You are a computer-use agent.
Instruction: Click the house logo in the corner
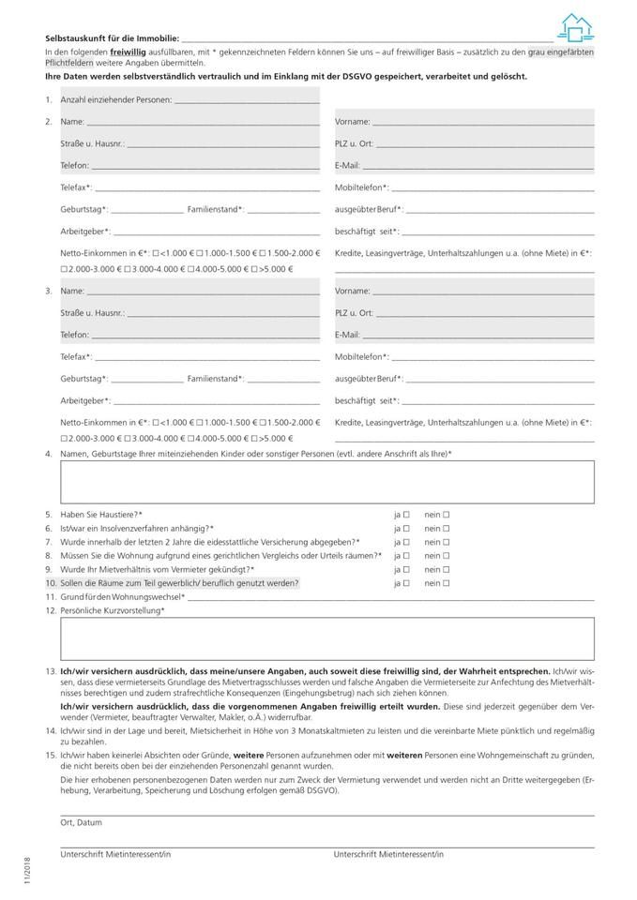(577, 28)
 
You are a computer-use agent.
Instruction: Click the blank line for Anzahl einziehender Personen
(247, 99)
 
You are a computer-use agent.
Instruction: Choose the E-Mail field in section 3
(478, 334)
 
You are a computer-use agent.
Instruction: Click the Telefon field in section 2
(205, 165)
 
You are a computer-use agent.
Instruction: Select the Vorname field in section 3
(483, 291)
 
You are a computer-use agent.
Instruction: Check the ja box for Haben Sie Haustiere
(407, 515)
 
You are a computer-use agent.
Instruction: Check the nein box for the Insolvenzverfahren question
(447, 529)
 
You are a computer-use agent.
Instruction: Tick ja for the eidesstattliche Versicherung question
(407, 542)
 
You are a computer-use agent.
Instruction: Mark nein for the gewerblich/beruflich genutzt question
(447, 583)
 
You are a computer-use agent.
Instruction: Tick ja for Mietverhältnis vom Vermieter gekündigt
(407, 569)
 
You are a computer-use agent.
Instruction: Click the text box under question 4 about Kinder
(326, 482)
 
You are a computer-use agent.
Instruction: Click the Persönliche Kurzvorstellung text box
(326, 639)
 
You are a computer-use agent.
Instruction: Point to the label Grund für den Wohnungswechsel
(121, 597)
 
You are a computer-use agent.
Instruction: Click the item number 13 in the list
(50, 672)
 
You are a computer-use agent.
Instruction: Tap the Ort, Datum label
(81, 822)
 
